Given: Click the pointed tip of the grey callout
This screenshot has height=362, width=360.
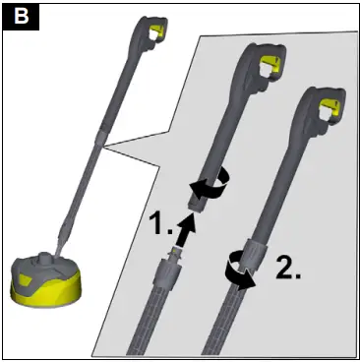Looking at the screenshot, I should point(105,150).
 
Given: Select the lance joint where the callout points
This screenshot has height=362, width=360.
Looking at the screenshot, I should point(99,150).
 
